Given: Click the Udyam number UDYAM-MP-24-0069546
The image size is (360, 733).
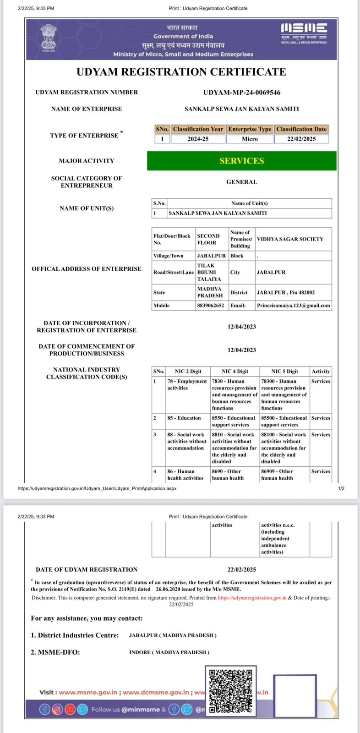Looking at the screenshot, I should [x=241, y=92].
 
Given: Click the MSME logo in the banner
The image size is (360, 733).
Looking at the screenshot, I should [x=304, y=32].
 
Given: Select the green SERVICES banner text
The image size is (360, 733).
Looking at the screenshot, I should [x=241, y=161].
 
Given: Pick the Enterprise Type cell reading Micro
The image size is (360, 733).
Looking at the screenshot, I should [x=250, y=139].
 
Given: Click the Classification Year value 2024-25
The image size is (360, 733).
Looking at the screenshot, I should [x=198, y=139].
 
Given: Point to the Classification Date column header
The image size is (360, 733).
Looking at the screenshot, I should [x=301, y=129].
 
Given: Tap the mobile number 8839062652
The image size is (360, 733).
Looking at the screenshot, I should [x=211, y=306].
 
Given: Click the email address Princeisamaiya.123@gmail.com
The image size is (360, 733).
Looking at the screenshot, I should [x=293, y=306].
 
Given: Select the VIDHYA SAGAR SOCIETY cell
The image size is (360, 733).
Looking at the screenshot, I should [x=290, y=239].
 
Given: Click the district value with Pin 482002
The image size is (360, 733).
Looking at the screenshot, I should [x=285, y=292].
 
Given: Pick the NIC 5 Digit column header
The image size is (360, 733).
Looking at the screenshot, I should [x=284, y=372].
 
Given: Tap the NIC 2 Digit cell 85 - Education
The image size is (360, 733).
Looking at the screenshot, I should [x=184, y=418].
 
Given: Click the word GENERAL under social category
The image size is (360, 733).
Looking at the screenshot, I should [x=241, y=182].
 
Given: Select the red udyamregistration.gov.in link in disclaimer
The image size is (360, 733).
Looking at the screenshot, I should [x=252, y=598].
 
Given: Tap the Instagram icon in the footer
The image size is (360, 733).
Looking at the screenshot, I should [x=57, y=710].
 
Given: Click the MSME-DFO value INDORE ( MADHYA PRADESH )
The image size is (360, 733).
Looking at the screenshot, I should [x=169, y=652].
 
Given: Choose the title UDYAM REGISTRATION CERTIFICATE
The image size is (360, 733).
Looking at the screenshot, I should [x=181, y=72].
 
